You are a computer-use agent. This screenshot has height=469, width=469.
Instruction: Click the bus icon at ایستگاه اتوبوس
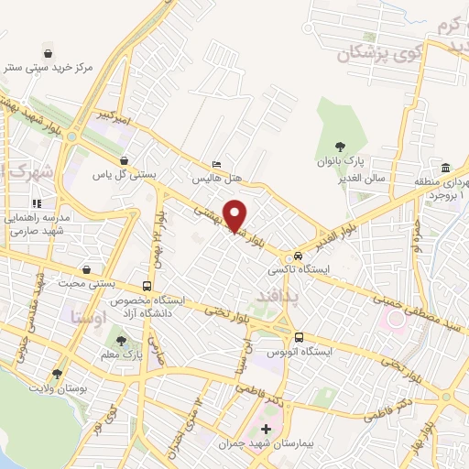point(300,336)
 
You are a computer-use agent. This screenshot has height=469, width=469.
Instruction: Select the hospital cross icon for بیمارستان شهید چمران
point(267,429)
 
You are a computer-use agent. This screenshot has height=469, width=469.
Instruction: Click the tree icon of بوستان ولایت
point(58,374)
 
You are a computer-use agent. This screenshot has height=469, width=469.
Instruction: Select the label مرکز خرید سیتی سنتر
point(46,67)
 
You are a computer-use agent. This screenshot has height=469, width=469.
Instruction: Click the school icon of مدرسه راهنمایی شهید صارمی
point(37,203)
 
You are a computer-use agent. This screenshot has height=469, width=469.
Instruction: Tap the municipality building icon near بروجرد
point(445,168)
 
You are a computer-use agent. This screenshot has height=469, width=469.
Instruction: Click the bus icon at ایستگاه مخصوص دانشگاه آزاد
point(147,285)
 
